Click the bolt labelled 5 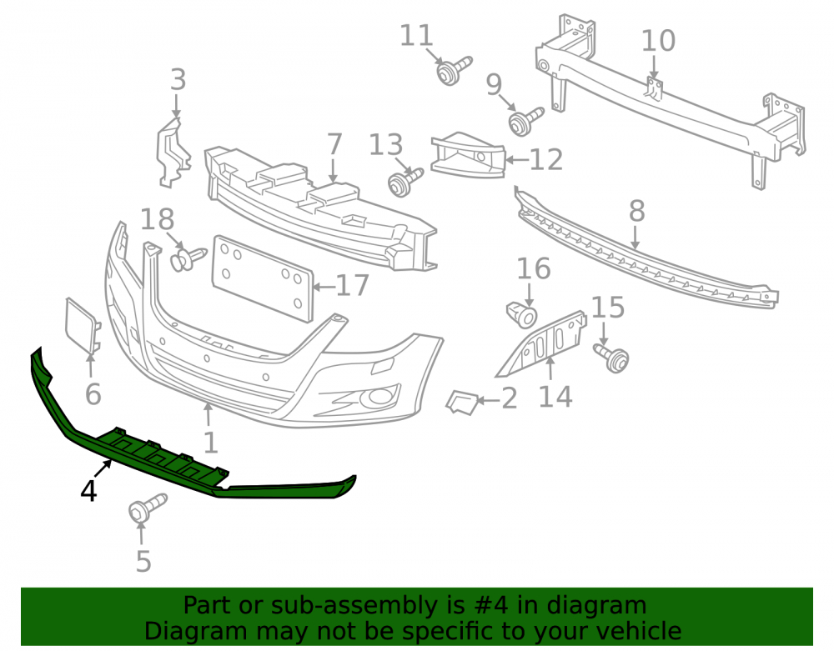click(147, 507)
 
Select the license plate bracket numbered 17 click(263, 278)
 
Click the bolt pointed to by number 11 click(453, 70)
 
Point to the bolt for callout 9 click(525, 121)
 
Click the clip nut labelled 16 click(521, 314)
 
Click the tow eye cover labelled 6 click(82, 325)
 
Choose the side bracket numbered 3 click(173, 153)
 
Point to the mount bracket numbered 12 click(468, 155)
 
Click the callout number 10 click(659, 41)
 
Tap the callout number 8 click(636, 211)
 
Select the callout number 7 click(334, 144)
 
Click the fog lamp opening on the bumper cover click(379, 397)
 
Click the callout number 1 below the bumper click(211, 442)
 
